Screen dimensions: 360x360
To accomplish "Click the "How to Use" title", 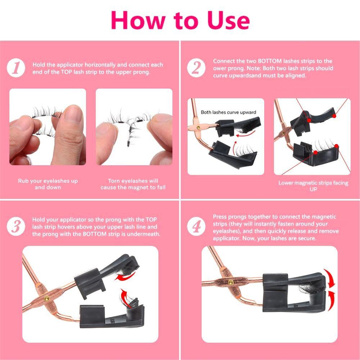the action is click(180, 20).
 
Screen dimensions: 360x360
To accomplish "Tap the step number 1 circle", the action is click(16, 68).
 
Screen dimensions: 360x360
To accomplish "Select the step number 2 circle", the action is click(196, 68).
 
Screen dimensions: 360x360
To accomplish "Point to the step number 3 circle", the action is click(16, 226).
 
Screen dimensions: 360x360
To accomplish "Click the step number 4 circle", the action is click(196, 226).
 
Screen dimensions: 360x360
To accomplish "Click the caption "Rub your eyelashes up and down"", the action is click(48, 184).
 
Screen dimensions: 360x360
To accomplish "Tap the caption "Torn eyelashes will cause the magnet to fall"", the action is click(133, 184).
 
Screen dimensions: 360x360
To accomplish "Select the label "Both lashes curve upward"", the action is click(229, 112).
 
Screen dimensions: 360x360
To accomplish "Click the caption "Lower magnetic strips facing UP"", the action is click(314, 186).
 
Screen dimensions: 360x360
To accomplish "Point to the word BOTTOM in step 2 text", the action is click(270, 61).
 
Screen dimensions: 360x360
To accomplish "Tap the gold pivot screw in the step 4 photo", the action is click(230, 282).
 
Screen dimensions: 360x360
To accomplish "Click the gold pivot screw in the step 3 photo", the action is click(46, 298).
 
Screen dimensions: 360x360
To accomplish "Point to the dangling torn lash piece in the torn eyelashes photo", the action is click(131, 135).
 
